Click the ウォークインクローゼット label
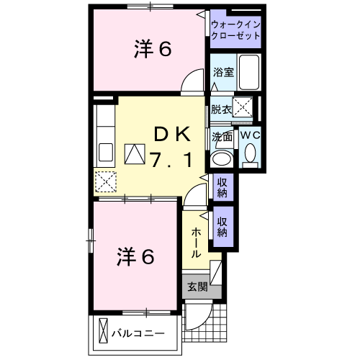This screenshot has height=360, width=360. coord(236,30)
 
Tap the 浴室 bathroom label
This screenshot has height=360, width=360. coord(222,72)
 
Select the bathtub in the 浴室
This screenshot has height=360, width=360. coord(248,73)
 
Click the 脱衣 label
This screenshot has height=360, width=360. coord(221,109)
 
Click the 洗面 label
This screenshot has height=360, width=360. coord(221,135)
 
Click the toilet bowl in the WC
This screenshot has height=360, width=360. coord(250,154)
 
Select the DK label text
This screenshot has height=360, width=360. coord(171,134)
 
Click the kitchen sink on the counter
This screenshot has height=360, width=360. coord(104,153)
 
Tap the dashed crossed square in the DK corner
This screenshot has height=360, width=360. coord(106,181)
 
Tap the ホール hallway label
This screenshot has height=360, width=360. coord(196,243)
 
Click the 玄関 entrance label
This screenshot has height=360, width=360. coord(197,286)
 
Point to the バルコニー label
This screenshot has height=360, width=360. coord(138,333)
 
